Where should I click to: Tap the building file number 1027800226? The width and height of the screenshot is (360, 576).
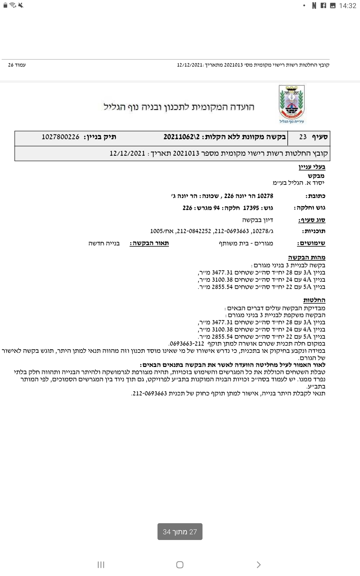[x=61, y=137]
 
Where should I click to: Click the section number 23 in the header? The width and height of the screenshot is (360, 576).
[x=303, y=137]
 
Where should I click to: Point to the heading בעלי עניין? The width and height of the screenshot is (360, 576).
[x=312, y=167]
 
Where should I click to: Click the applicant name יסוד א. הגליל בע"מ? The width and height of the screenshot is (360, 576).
[x=298, y=183]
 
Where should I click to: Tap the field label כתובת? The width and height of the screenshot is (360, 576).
[x=315, y=196]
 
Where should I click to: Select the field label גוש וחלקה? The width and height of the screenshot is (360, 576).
[x=310, y=208]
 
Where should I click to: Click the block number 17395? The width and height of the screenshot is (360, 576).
[x=251, y=208]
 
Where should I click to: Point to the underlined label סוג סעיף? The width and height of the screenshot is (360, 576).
[x=312, y=220]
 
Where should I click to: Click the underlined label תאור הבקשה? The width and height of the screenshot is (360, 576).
[x=149, y=243]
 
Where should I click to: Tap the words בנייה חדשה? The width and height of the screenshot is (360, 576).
[x=104, y=243]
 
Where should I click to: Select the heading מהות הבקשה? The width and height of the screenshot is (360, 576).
[x=307, y=257]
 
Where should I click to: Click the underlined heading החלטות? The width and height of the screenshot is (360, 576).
[x=314, y=300]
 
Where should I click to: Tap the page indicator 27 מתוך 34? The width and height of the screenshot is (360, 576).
[x=180, y=532]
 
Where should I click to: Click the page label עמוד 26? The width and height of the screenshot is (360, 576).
[x=17, y=65]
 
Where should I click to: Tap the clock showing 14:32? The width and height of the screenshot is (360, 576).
[x=347, y=6]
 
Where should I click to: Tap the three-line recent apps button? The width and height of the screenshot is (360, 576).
[x=101, y=565]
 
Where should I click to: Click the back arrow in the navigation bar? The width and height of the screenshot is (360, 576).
[x=259, y=565]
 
